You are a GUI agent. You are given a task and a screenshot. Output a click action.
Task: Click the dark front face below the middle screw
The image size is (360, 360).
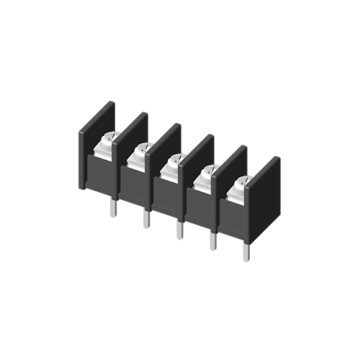point(166,198)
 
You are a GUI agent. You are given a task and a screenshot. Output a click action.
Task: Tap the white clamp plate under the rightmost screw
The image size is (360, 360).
point(237,196)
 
